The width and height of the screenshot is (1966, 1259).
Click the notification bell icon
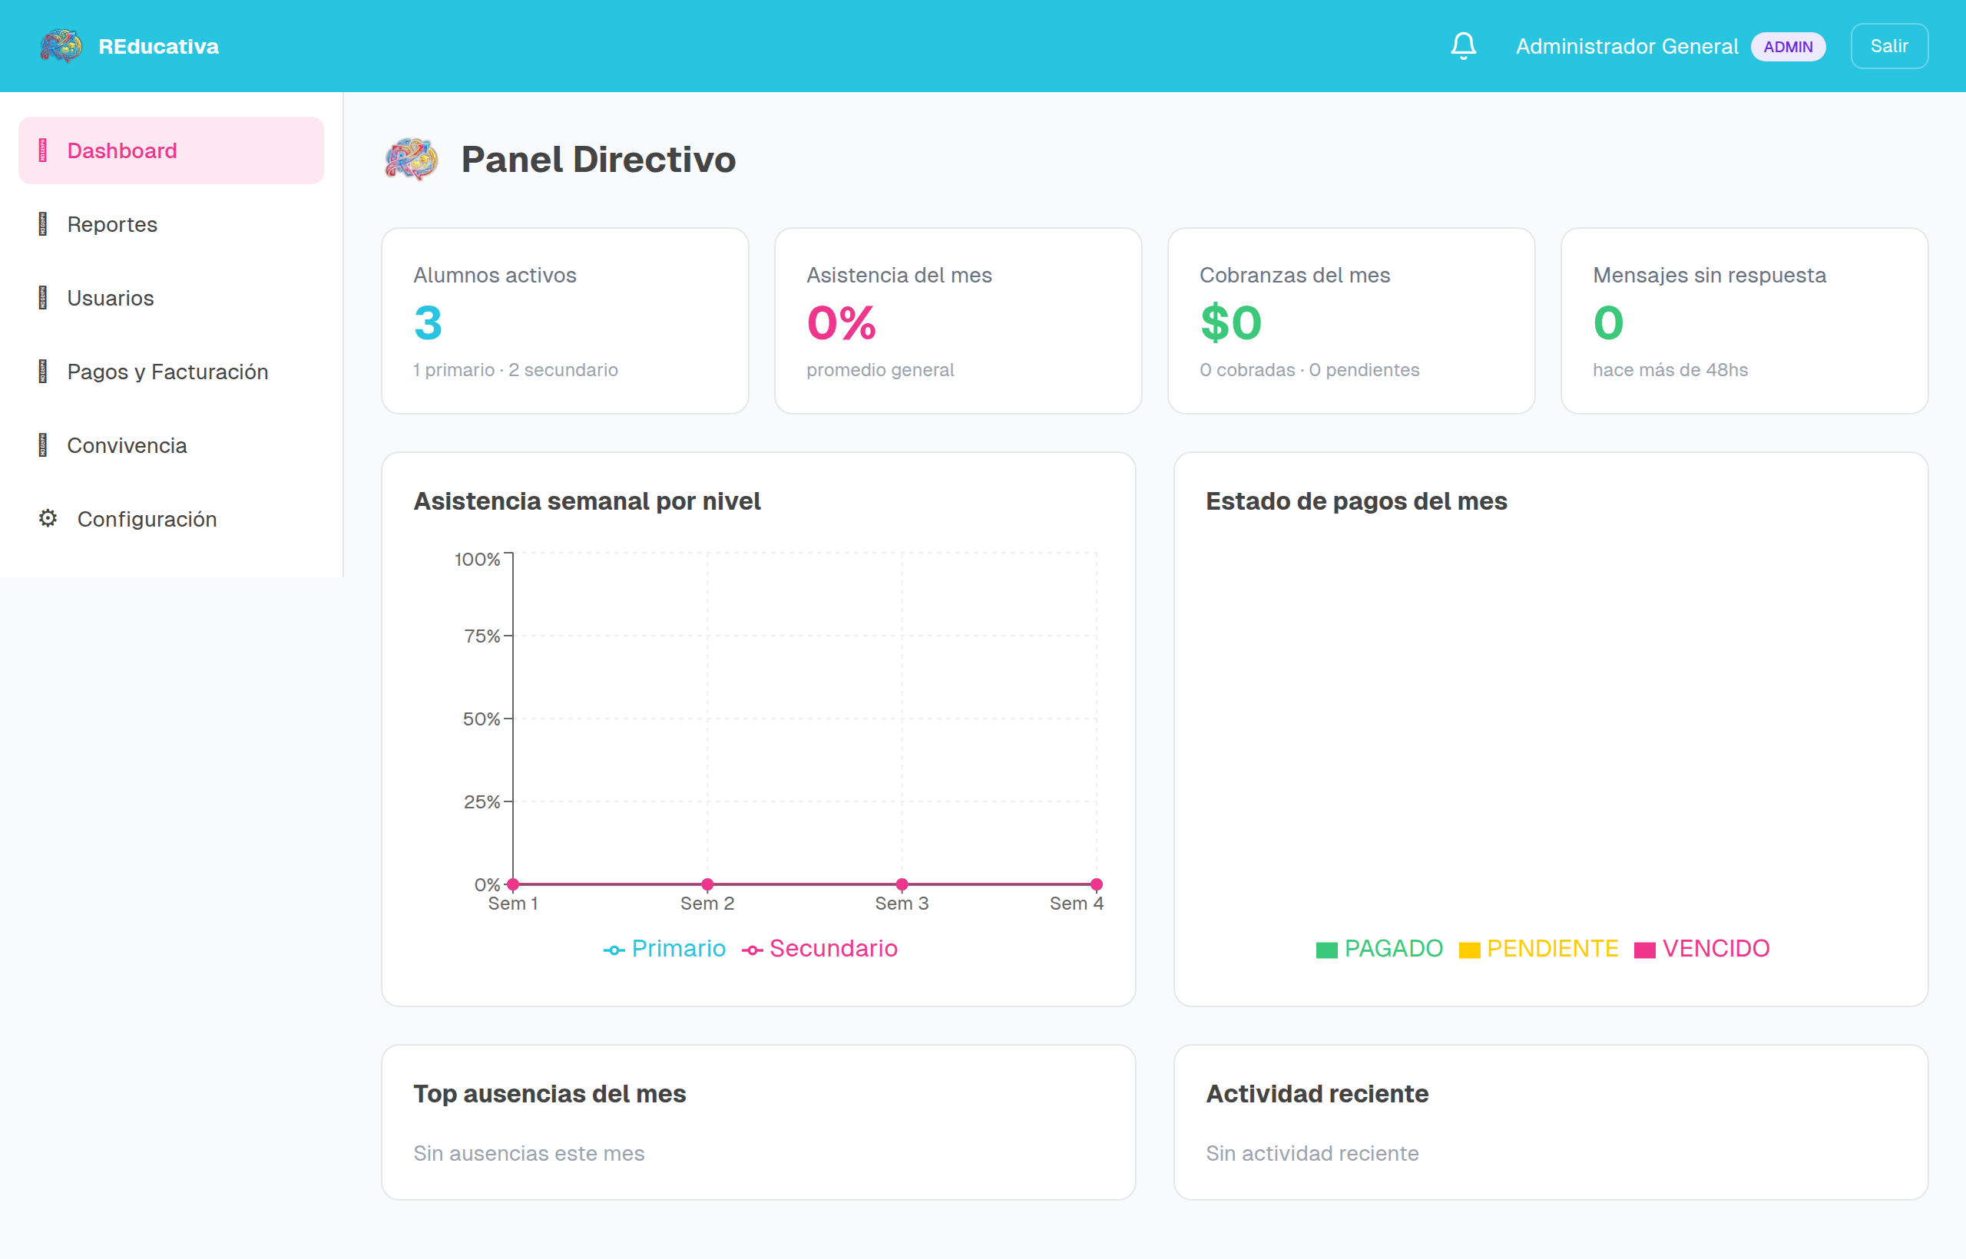point(1463,46)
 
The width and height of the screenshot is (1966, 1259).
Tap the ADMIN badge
point(1788,47)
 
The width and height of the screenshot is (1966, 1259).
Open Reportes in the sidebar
point(112,224)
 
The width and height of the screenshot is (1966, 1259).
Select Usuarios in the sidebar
point(111,298)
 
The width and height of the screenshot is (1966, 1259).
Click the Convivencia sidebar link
point(127,444)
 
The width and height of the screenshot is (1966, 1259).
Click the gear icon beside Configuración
point(48,518)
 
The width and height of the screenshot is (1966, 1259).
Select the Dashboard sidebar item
point(122,150)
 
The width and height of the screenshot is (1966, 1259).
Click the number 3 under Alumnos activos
point(428,323)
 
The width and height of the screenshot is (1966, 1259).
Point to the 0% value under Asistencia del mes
point(842,323)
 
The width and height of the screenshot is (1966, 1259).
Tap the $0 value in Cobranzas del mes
point(1231,323)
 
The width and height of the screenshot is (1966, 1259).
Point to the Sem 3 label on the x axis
point(902,904)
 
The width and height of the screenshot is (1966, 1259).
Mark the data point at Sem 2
point(707,884)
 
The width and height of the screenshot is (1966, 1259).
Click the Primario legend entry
point(664,948)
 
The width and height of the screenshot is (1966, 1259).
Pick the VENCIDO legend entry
point(1702,948)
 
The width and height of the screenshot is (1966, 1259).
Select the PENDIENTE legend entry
point(1538,948)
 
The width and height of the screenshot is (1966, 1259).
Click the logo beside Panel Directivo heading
point(412,159)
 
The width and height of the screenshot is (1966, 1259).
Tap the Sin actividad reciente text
point(1312,1153)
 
